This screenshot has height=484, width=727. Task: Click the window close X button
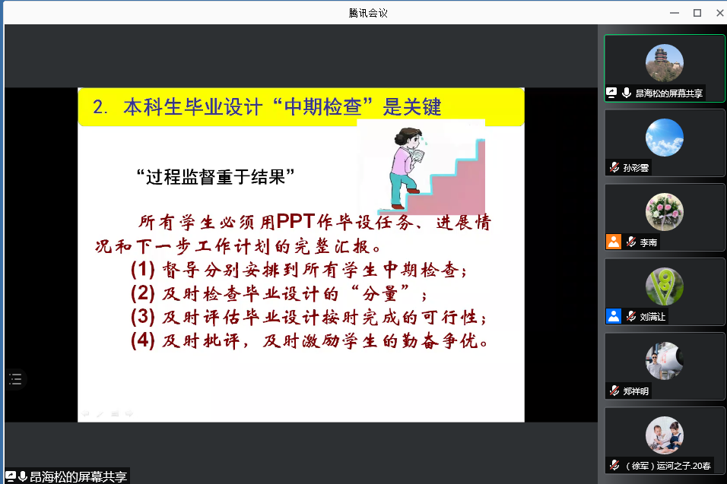pos(720,13)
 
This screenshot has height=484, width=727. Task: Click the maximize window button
pos(697,13)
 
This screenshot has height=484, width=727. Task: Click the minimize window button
pos(675,13)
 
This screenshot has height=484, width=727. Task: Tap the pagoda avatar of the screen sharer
pos(665,63)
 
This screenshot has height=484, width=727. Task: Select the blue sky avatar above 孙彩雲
pos(665,138)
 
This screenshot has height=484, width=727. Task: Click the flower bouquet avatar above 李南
pos(665,212)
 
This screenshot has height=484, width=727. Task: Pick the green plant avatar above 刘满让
pos(665,286)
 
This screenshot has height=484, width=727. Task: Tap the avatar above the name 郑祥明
pos(665,361)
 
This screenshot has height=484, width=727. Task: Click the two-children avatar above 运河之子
pos(665,435)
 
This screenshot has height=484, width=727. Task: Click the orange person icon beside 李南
pos(614,242)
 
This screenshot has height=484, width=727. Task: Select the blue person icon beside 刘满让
pos(614,316)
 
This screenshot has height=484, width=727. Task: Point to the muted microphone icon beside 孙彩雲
pos(614,167)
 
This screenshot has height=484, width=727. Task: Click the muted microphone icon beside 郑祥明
pos(614,391)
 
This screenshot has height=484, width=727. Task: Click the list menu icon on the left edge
pos(15,379)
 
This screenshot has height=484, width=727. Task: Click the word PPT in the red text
pos(296,221)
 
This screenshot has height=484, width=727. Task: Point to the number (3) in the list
pos(143,316)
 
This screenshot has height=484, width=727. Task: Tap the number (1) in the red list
pos(143,269)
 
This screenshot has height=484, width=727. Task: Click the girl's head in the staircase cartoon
pos(408,138)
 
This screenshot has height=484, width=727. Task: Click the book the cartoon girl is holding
pos(418,156)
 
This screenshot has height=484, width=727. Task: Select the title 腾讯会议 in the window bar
pos(368,13)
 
